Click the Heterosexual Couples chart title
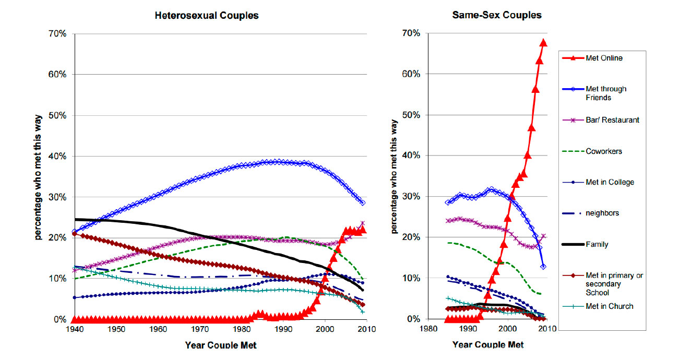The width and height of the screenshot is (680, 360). coord(207,15)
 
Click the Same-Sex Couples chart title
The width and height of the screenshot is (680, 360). coord(497,15)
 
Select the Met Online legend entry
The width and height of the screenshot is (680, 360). coord(609,58)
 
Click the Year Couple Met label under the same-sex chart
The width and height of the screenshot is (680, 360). coord(488,344)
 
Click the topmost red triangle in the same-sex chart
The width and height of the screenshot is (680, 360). coord(543,43)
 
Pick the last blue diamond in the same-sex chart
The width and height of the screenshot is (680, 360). coord(543,267)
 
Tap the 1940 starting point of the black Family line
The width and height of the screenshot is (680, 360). coord(76,219)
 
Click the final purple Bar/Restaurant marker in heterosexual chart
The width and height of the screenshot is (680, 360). coord(363,223)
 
